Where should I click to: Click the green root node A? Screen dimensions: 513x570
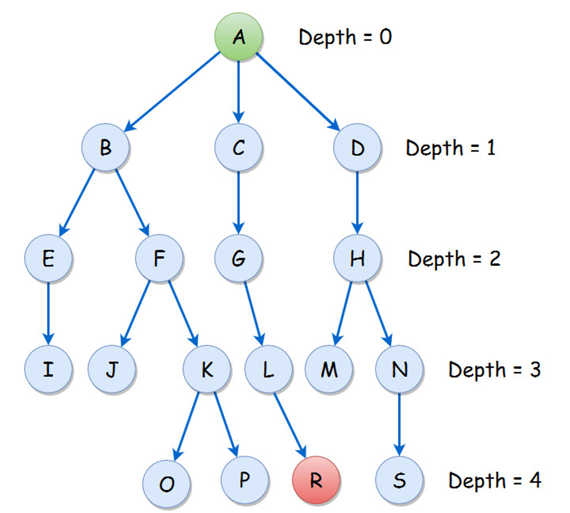[x=238, y=37]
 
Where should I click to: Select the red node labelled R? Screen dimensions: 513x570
[x=316, y=480]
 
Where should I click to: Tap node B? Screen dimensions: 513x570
[x=105, y=148]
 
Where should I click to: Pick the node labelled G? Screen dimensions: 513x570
[x=238, y=258]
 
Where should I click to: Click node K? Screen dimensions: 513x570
[x=206, y=369]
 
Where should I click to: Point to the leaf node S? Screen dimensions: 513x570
[x=399, y=480]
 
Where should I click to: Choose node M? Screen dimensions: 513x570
[x=329, y=369]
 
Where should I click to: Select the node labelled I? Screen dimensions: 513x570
[x=48, y=369]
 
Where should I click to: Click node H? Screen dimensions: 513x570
[x=357, y=258]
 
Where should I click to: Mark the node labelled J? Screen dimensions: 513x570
[x=112, y=369]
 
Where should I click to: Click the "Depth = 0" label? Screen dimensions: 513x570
[x=345, y=37]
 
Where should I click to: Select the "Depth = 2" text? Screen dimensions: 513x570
[x=454, y=258]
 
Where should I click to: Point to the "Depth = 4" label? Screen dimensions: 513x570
[x=494, y=480]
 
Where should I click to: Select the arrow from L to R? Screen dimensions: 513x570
[x=292, y=425]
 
